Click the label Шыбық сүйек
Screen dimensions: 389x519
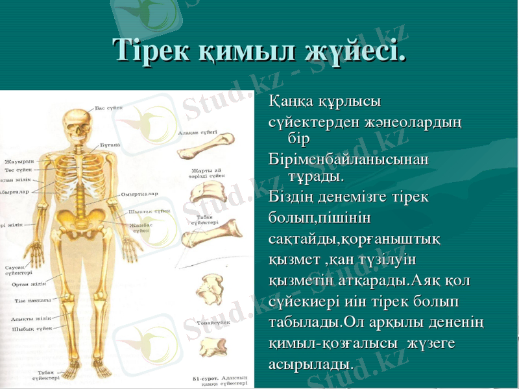32,329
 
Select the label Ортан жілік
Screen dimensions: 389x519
29,284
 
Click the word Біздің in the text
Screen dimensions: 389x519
291,196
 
